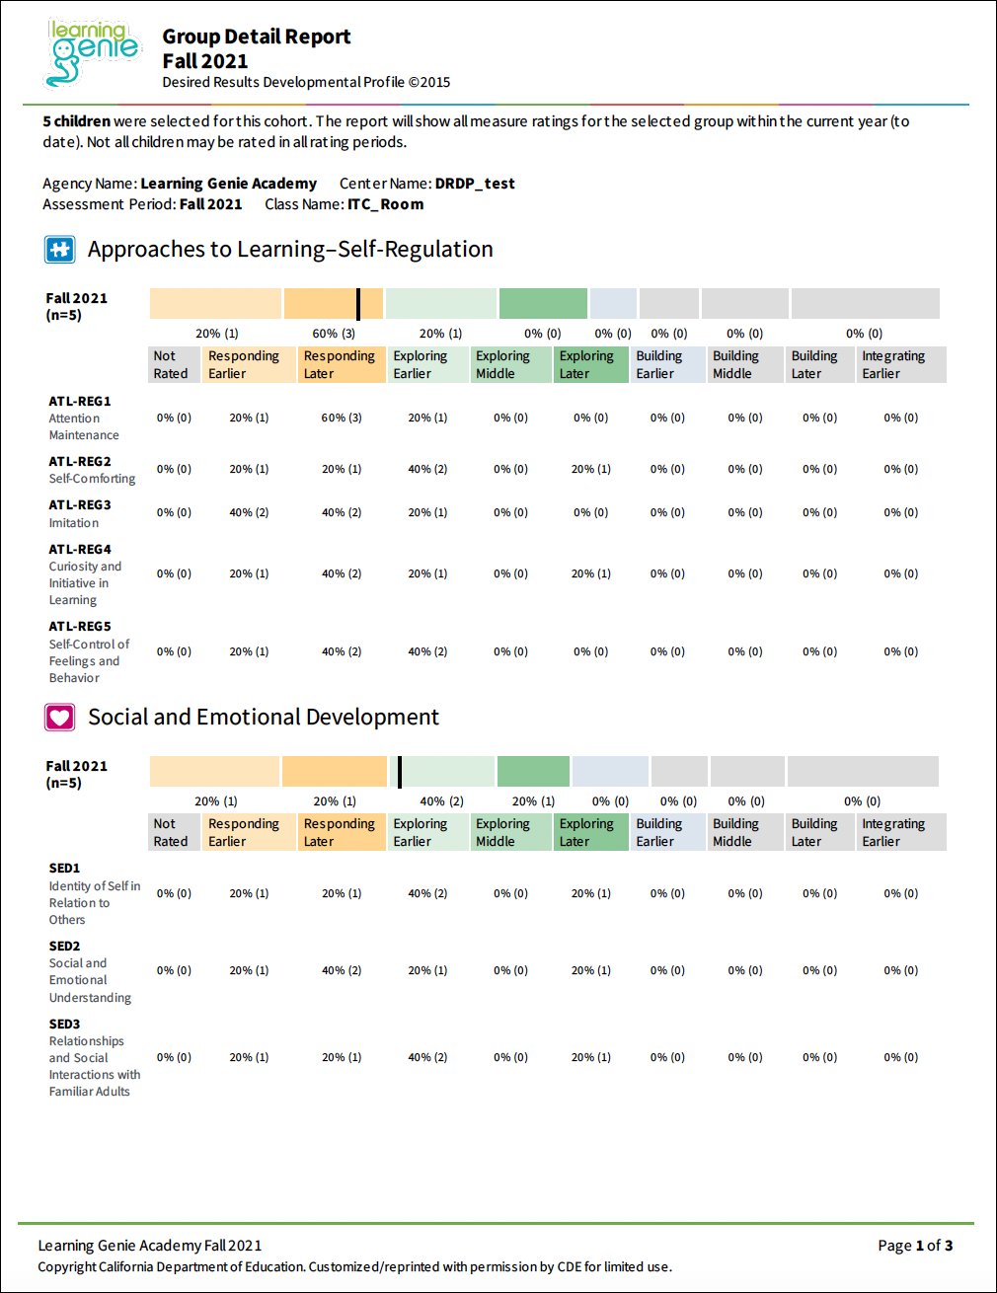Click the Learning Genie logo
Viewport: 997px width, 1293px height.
tap(93, 51)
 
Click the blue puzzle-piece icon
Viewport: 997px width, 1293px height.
tap(59, 250)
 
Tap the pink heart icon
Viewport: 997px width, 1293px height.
tap(59, 718)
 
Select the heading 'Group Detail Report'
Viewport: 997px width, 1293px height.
tap(256, 37)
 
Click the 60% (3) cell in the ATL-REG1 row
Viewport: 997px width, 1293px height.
tap(342, 418)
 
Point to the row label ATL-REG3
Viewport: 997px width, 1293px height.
tap(80, 504)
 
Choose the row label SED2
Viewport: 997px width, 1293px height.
tap(65, 946)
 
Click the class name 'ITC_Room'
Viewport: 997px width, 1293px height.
tap(385, 204)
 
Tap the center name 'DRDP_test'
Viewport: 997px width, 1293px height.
tap(475, 184)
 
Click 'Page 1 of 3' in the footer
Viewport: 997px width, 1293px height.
tap(915, 1246)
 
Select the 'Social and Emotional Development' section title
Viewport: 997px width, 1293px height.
tap(264, 718)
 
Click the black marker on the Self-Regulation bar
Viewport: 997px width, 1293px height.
tap(358, 304)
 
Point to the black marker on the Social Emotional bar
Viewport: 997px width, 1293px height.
tap(399, 772)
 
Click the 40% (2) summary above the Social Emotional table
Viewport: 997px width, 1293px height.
tap(441, 801)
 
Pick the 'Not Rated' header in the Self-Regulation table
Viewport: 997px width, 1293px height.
tap(170, 365)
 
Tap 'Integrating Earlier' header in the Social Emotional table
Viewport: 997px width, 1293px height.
tap(893, 832)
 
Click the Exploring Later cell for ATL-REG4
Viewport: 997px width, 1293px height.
tap(590, 573)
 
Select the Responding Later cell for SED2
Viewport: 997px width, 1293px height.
tap(342, 970)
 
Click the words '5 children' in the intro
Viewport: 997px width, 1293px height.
tap(76, 121)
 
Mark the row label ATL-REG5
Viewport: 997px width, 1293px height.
tap(80, 626)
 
